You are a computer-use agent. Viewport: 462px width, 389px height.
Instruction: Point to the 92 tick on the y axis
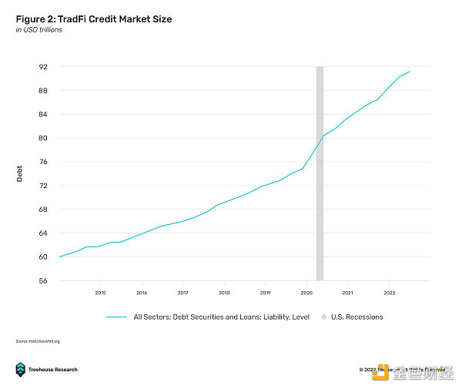tap(43, 67)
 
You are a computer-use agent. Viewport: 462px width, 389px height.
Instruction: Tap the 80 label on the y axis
tap(43, 138)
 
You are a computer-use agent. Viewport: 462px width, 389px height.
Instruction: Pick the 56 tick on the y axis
tap(43, 280)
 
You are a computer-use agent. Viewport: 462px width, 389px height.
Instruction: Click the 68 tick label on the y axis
tap(43, 210)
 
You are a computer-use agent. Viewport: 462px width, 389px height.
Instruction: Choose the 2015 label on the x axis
tap(100, 293)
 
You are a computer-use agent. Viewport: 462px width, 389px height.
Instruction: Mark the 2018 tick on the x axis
tap(224, 293)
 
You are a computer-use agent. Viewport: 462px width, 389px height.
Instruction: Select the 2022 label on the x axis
tap(390, 293)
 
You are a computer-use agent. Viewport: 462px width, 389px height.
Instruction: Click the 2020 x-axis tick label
tap(306, 293)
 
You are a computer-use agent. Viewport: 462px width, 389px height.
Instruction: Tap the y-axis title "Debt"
tap(20, 173)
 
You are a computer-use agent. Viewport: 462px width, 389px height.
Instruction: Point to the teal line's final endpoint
tap(410, 72)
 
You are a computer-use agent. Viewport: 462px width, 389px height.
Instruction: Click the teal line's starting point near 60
tap(59, 257)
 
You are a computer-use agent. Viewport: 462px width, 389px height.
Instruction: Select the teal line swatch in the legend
tap(116, 317)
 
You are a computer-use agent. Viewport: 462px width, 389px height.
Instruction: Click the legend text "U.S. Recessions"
tap(357, 317)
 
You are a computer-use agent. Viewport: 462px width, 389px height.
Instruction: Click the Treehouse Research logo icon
tap(20, 370)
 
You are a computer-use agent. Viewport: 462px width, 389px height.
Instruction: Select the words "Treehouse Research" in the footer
tap(54, 370)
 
